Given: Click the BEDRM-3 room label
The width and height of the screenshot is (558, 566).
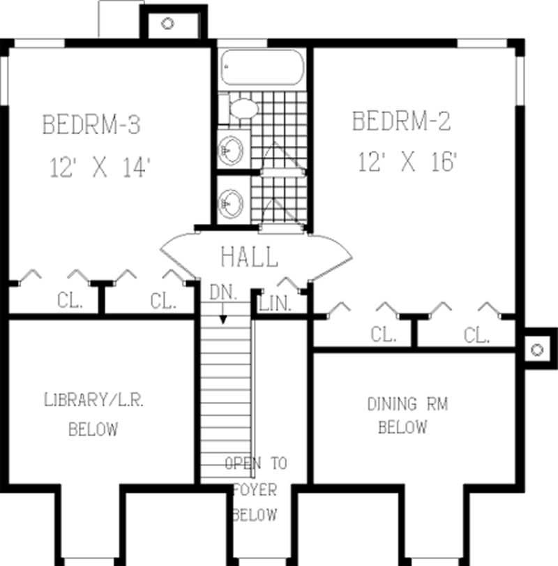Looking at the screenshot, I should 91,126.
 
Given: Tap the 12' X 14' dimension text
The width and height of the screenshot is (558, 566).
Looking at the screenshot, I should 100,168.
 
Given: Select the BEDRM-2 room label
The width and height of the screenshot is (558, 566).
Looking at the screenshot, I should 401,121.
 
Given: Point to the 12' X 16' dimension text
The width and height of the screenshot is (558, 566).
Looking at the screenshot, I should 408,163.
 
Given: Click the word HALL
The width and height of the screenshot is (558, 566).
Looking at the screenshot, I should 249,257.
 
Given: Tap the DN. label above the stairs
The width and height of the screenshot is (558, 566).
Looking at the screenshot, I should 223,293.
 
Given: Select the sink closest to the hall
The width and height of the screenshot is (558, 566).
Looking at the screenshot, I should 230,203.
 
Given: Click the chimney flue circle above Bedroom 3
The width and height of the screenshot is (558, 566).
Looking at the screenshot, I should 167,23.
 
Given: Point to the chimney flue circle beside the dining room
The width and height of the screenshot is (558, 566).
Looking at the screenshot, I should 536,350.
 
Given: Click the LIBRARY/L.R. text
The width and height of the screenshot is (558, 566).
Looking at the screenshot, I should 94,401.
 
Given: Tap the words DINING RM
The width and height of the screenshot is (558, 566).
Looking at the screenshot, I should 407,404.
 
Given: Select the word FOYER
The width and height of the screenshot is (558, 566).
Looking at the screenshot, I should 255,489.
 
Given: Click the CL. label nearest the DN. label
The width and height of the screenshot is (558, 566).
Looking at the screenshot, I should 163,301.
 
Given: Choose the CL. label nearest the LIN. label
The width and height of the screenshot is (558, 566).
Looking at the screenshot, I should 383,335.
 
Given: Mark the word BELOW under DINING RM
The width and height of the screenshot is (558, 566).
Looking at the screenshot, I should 402,427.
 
